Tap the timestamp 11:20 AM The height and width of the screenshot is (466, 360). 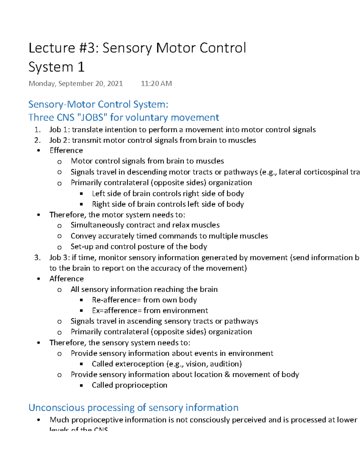156,83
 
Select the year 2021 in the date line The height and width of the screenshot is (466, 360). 115,83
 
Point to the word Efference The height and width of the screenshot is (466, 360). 66,150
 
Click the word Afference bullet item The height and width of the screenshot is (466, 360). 66,279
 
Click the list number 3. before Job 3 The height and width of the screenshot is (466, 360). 37,258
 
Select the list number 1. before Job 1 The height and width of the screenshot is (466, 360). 37,130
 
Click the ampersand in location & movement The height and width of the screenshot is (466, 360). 227,374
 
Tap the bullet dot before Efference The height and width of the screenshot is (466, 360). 38,151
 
